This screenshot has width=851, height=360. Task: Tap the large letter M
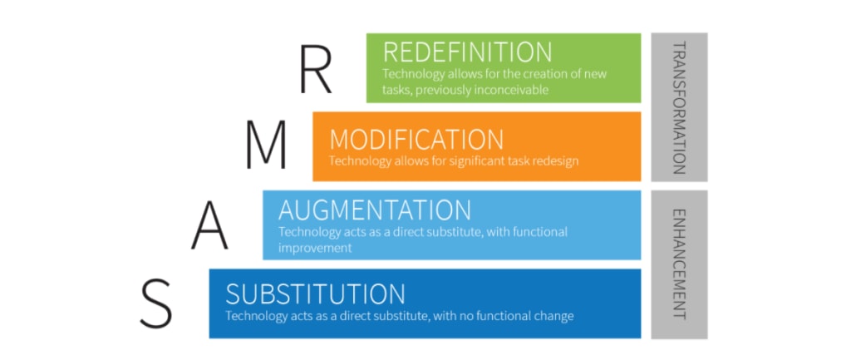coord(266,145)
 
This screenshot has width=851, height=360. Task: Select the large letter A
coord(209,225)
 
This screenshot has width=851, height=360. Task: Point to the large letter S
coord(155,303)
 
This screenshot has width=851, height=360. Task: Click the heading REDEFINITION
coord(467,52)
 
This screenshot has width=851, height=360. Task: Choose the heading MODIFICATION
coord(416,139)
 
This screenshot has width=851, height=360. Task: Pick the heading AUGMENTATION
coord(375,209)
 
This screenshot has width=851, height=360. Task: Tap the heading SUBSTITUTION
coord(315,293)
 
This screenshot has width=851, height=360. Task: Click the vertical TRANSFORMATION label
coord(679,106)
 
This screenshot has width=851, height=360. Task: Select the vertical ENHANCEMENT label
coord(679,264)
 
